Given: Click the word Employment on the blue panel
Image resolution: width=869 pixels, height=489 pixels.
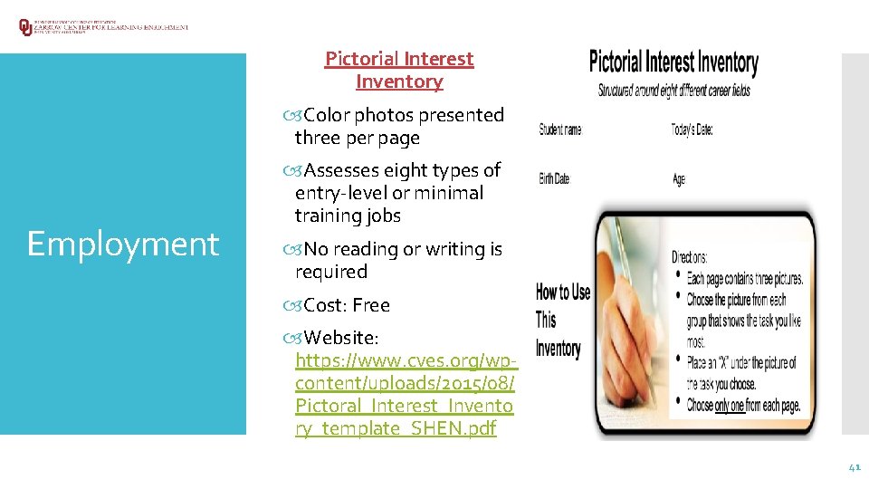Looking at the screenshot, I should (x=123, y=244).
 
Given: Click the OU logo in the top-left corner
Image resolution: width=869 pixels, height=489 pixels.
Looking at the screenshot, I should (x=25, y=27).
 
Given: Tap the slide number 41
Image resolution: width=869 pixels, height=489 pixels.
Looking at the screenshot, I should (x=854, y=467).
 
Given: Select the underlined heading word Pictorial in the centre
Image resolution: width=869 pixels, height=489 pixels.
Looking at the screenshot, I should (x=361, y=59).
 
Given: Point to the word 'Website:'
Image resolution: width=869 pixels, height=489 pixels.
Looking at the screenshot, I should (x=341, y=338).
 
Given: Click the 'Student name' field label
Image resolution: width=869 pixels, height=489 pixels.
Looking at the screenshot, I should (x=560, y=129).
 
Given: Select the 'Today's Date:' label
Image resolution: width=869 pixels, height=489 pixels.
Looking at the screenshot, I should (x=692, y=129).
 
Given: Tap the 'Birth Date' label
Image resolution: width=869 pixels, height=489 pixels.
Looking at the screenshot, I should (x=554, y=178).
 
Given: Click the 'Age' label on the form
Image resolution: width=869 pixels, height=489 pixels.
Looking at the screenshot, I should (x=679, y=179).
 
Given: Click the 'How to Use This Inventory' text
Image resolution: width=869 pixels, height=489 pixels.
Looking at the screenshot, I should (x=562, y=320).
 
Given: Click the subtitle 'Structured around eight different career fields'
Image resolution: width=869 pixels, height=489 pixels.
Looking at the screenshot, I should (x=673, y=91).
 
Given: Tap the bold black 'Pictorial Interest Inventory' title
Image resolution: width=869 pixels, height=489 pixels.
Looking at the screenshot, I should (x=673, y=62).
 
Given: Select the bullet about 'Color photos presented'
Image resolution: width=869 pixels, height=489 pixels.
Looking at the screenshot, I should (x=403, y=115).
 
